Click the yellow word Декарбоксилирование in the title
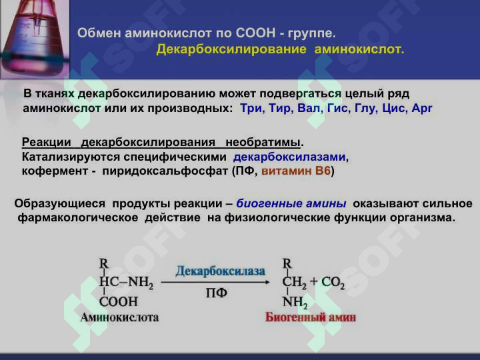coord(231,49)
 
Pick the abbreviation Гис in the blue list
coord(339,108)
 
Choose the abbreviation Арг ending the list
coord(422,109)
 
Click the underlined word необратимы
coord(263,143)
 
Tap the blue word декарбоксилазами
coord(289,157)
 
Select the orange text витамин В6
coord(296,171)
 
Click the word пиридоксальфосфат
coord(165,171)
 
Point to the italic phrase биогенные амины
coord(291,203)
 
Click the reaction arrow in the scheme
coord(215,282)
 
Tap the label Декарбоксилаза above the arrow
coord(220,271)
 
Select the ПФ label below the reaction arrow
coord(217,293)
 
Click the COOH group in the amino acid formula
coord(119,301)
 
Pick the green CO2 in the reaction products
coord(333,282)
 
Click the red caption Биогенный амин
coord(311,317)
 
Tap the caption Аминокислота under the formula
coord(120,317)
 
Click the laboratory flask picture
coord(35,39)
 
